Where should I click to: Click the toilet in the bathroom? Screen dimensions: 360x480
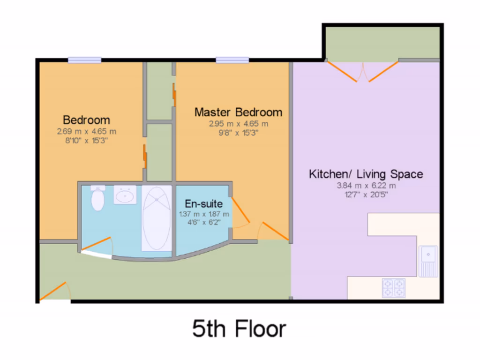(97, 198)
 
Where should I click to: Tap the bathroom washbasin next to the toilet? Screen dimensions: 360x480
(125, 195)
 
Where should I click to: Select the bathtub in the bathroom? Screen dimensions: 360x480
(157, 218)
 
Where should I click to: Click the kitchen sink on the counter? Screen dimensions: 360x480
(428, 260)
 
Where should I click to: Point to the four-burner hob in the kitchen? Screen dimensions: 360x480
(393, 287)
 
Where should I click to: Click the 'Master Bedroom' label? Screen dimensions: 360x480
(238, 112)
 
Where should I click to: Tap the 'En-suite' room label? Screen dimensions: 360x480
(203, 204)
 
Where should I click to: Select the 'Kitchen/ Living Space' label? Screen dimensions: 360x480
(366, 174)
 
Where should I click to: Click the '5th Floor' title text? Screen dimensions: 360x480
(239, 329)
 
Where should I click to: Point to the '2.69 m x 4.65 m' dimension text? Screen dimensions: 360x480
(86, 132)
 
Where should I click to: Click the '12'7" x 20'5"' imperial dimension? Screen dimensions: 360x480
(366, 194)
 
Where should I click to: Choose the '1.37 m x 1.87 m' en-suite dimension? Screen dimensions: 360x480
(204, 214)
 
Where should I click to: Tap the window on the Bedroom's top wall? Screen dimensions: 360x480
(84, 60)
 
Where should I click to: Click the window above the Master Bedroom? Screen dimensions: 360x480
(232, 60)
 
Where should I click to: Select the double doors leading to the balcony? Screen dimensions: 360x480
(362, 71)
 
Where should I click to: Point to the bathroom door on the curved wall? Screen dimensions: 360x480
(97, 247)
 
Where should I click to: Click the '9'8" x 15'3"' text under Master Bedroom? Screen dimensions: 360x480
(238, 133)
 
